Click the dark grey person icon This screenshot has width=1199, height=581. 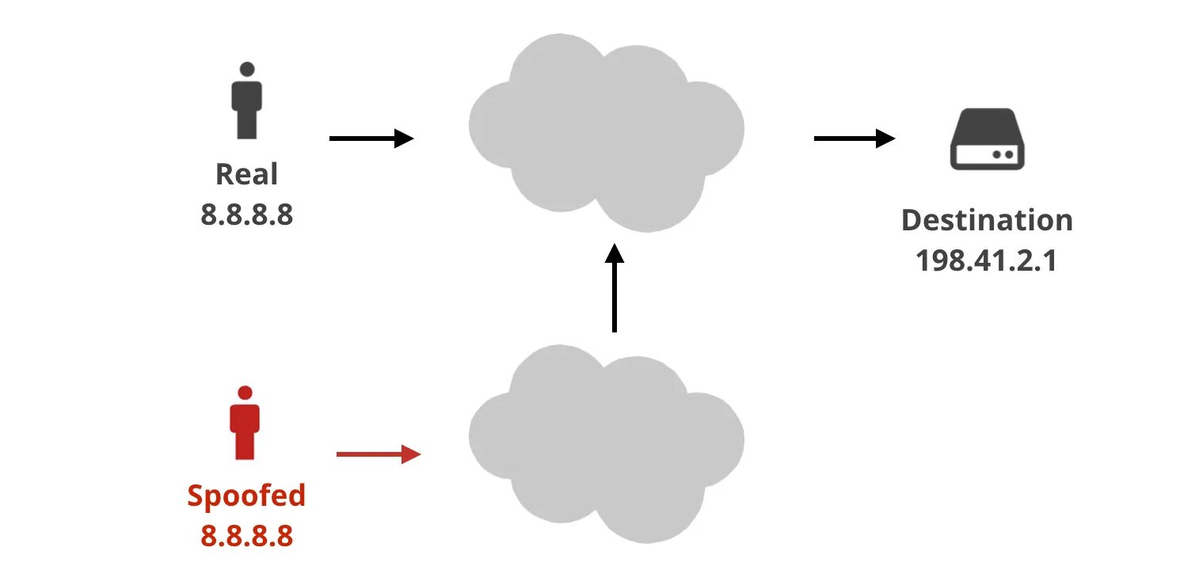[x=246, y=103]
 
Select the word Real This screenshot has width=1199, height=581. [x=246, y=174]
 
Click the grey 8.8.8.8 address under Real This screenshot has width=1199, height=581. [x=246, y=214]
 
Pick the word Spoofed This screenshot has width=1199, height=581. [x=246, y=496]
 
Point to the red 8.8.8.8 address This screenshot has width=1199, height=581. [x=246, y=536]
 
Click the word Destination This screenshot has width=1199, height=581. [x=987, y=219]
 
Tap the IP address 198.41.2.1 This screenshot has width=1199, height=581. [x=987, y=260]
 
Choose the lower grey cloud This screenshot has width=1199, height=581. [x=606, y=442]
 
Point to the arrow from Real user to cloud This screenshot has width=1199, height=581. [x=371, y=139]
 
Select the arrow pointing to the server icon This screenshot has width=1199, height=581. [x=854, y=139]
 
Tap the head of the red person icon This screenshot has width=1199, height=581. [x=245, y=393]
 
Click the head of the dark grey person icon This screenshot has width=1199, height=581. [x=247, y=69]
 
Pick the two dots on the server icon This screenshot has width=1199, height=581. [x=1002, y=154]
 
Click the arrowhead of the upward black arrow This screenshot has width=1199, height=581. [x=614, y=253]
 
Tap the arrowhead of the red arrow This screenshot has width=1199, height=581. [x=411, y=454]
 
